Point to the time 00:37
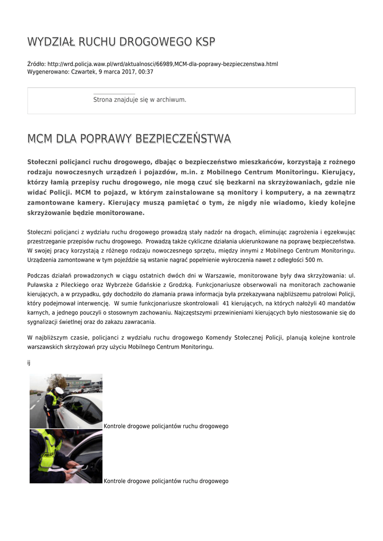pyautogui.click(x=146, y=72)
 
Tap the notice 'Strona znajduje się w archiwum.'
pyautogui.click(x=139, y=99)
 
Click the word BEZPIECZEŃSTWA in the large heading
pyautogui.click(x=183, y=139)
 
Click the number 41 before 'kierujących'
pyautogui.click(x=226, y=303)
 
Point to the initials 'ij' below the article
pyautogui.click(x=29, y=363)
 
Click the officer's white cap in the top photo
pyautogui.click(x=59, y=390)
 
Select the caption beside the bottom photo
pyautogui.click(x=166, y=481)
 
